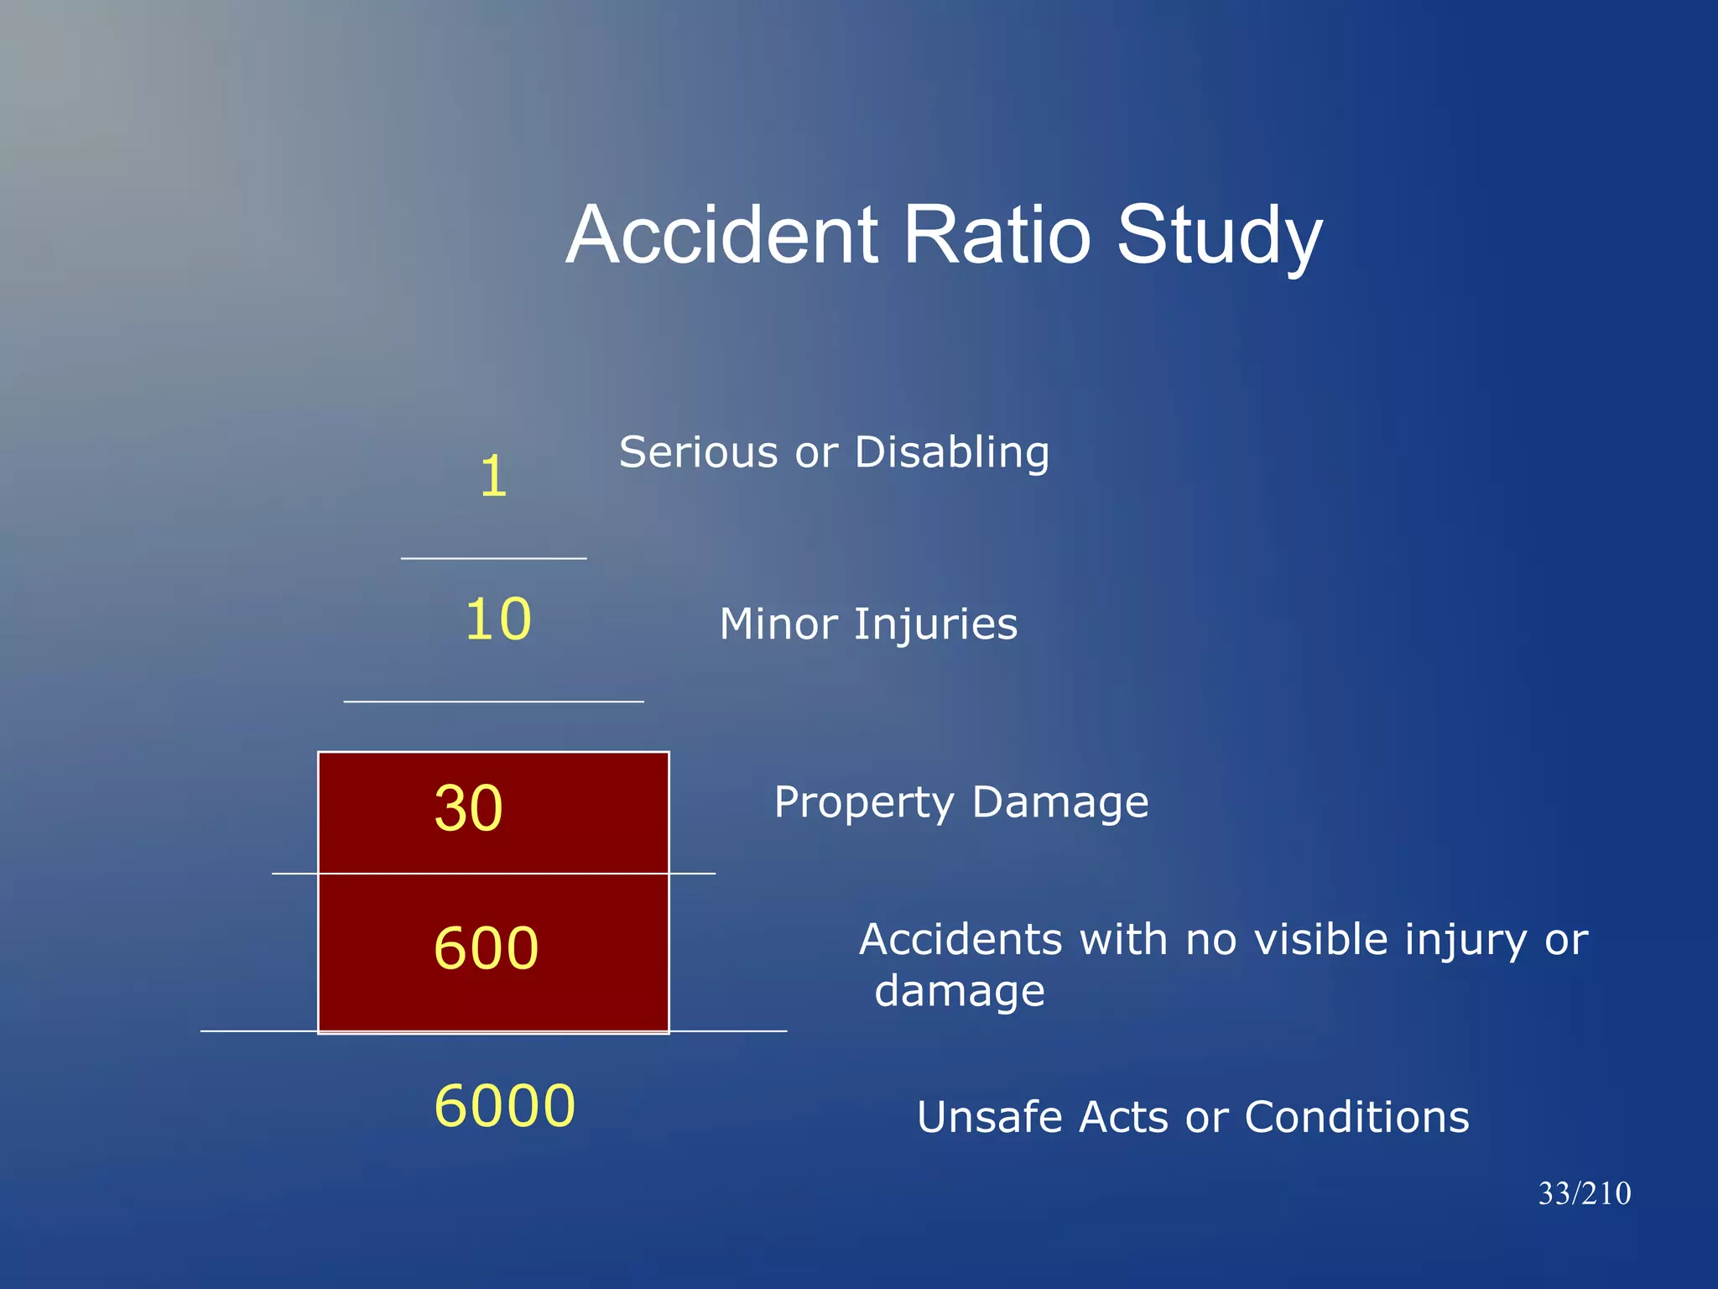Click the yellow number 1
(x=493, y=477)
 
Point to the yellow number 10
(x=498, y=619)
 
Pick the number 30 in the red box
(x=468, y=808)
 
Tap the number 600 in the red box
(x=486, y=948)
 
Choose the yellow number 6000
(x=505, y=1105)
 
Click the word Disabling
(x=951, y=453)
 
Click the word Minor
(x=778, y=625)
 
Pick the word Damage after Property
(x=1060, y=804)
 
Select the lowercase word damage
(x=960, y=992)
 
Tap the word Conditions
(x=1356, y=1118)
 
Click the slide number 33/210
(x=1584, y=1193)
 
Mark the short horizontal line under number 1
(x=493, y=558)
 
